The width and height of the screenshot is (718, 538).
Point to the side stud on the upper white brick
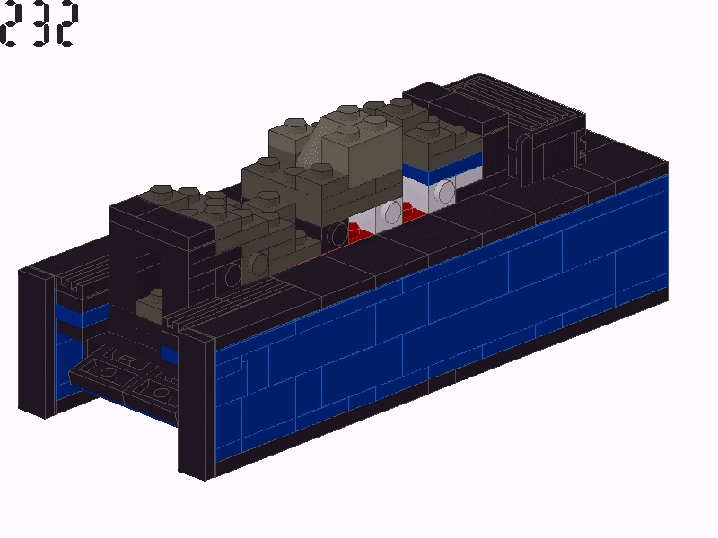pos(444,191)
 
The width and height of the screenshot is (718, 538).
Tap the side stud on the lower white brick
pos(392,213)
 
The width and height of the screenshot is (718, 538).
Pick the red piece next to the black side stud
pos(361,231)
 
